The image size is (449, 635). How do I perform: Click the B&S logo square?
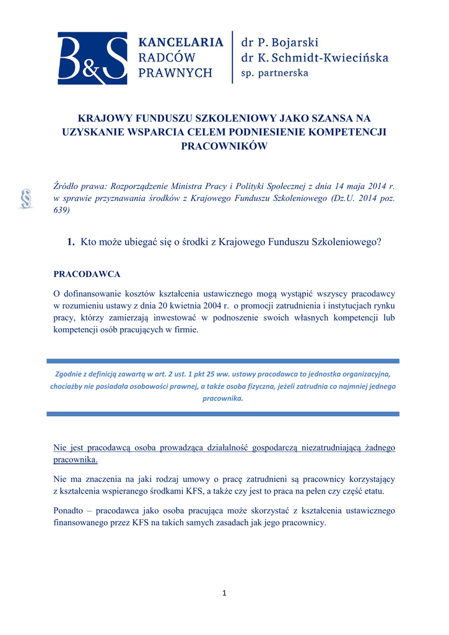tap(92, 58)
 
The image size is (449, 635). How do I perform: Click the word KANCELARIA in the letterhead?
tap(180, 43)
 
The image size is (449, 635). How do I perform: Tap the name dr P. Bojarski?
tap(279, 43)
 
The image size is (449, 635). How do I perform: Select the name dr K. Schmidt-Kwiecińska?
tap(314, 58)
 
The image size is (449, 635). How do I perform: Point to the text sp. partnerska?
tap(274, 73)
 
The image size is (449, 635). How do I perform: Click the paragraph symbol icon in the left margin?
tap(26, 199)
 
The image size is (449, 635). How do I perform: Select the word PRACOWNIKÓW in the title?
tap(224, 146)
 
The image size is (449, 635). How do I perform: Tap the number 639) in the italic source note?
tap(61, 210)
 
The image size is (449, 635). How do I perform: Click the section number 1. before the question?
tap(71, 242)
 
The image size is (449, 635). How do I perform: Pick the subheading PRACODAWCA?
tap(87, 273)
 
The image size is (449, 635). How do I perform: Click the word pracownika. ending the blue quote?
tap(224, 398)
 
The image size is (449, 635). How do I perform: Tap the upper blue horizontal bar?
tap(224, 361)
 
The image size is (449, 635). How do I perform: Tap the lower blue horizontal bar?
tap(224, 413)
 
